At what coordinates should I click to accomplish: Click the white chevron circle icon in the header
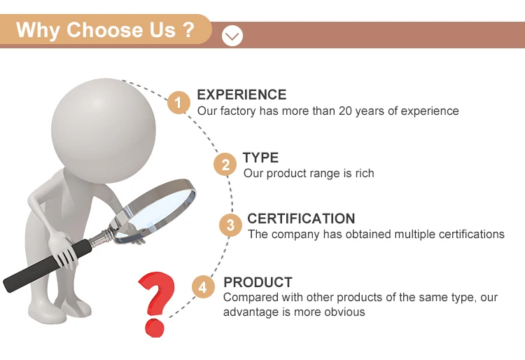tap(232, 36)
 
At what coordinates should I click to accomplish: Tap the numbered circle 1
tap(178, 102)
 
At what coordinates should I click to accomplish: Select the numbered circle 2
tap(225, 164)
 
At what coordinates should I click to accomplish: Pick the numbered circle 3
tap(231, 225)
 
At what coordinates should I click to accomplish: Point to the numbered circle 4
tap(203, 287)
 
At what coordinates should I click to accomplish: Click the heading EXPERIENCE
tap(241, 95)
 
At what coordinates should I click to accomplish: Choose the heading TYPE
tap(261, 158)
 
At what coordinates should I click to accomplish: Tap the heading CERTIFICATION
tap(301, 219)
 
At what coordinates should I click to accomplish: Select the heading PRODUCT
tap(258, 282)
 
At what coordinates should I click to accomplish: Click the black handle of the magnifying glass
tap(47, 265)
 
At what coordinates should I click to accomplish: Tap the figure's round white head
tap(104, 131)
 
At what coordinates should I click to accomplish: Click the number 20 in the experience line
tap(345, 111)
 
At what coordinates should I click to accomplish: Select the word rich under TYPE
tap(365, 173)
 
